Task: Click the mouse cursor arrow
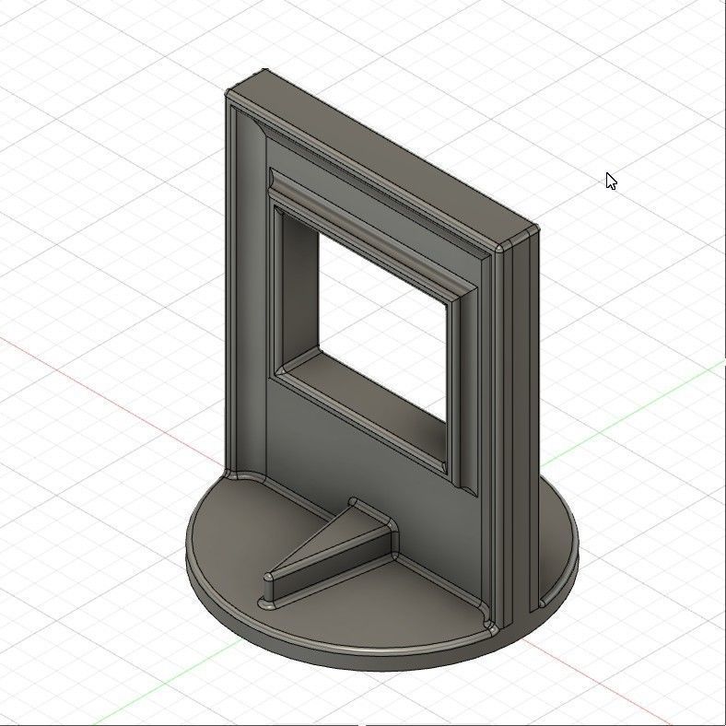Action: tap(610, 180)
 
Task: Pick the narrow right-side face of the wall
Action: tap(518, 415)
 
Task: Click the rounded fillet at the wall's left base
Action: tap(241, 476)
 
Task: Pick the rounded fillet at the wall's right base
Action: tap(488, 627)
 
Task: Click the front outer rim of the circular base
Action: tap(369, 660)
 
